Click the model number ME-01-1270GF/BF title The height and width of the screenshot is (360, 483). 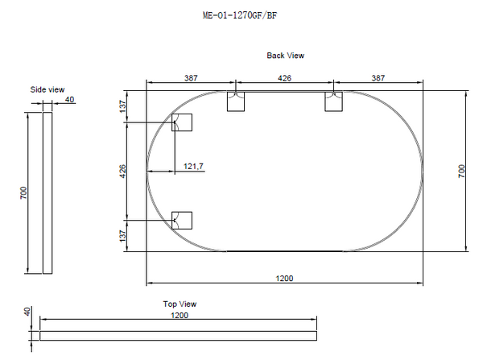point(241,14)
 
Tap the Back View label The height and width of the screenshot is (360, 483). point(285,56)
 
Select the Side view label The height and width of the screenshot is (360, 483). point(47,89)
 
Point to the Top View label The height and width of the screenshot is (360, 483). point(180,304)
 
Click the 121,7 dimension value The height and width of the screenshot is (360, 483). point(193,166)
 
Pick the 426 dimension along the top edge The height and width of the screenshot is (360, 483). point(284,78)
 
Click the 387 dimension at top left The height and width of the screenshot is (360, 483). point(190,78)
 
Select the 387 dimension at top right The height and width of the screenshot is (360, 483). point(378,78)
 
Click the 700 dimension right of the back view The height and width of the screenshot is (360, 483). point(462,171)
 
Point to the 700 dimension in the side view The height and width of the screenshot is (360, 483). point(24,193)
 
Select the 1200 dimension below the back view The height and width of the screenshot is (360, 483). point(283,278)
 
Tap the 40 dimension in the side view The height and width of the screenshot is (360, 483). point(70,100)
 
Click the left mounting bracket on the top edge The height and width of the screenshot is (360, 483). point(237,101)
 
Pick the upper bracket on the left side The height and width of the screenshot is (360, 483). point(182,122)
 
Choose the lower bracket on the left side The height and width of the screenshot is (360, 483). point(182,220)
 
